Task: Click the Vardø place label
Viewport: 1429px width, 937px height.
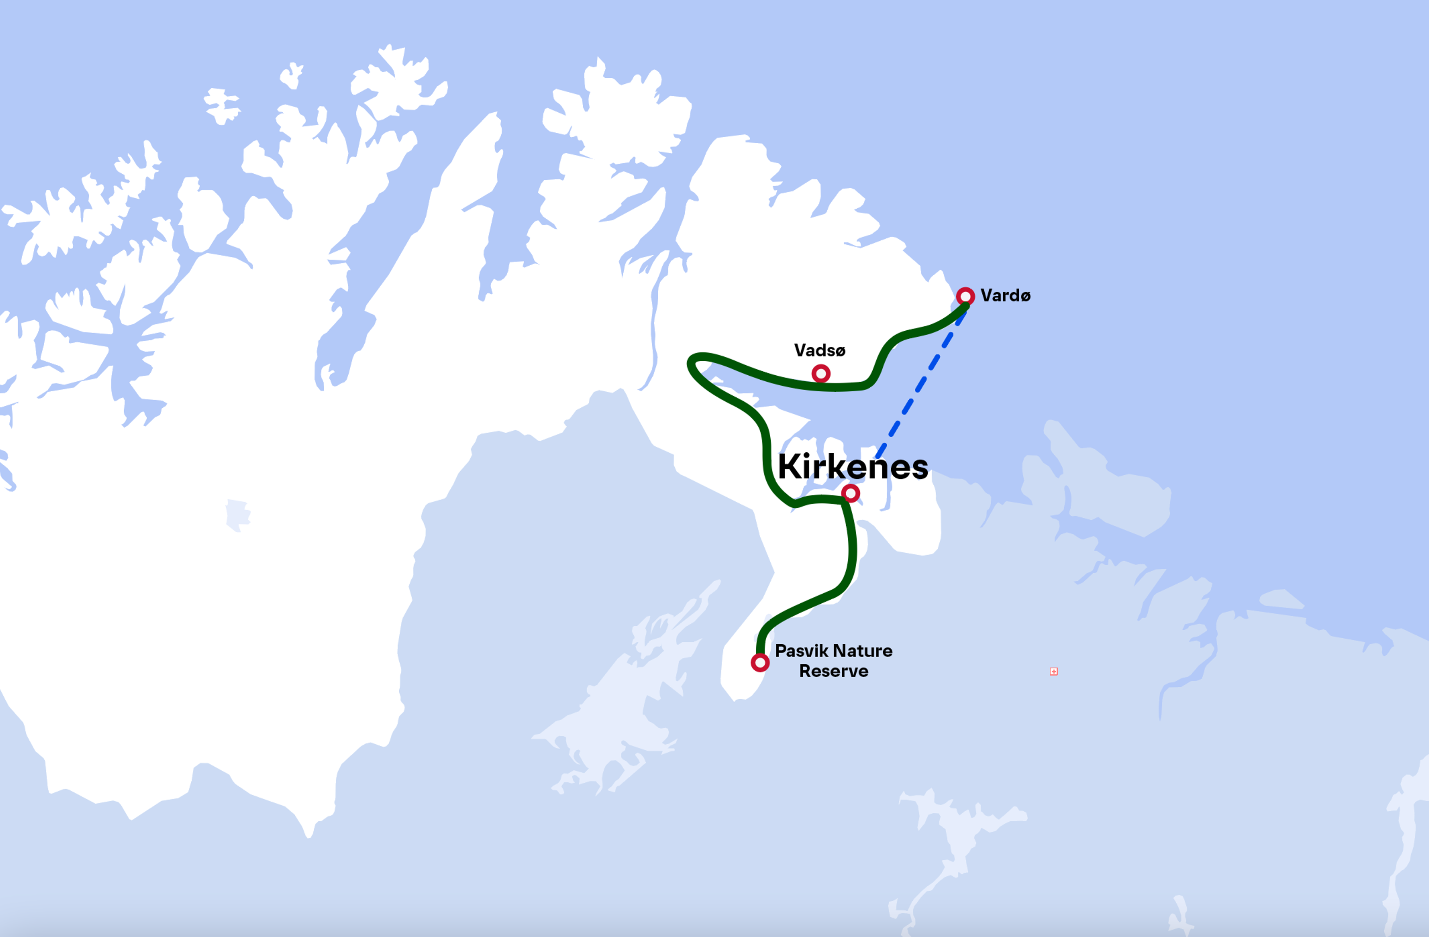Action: pos(1005,295)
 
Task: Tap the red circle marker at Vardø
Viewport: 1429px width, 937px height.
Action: pos(965,296)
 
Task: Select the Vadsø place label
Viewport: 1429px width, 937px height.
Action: pos(819,350)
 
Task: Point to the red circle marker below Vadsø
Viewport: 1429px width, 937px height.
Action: pos(821,373)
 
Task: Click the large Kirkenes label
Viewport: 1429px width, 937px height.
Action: pos(853,466)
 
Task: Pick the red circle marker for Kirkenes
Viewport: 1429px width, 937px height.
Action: pos(850,493)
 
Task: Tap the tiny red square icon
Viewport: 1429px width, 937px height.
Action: pos(1054,671)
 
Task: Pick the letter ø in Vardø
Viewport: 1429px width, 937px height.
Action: pos(1025,296)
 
